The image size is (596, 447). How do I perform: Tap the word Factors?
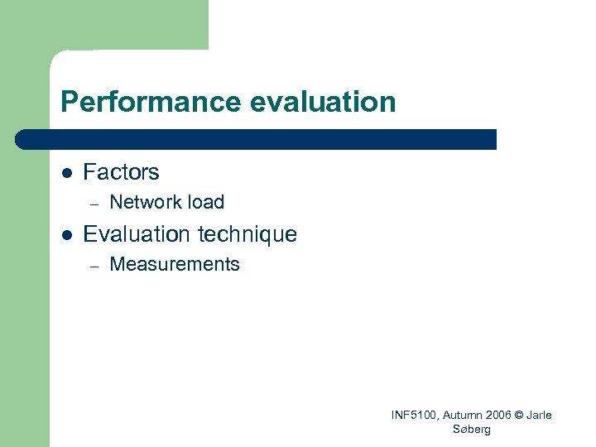[121, 172]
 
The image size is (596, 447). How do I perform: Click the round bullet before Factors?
[68, 173]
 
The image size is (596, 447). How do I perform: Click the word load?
[206, 202]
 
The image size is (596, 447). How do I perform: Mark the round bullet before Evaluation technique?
[68, 235]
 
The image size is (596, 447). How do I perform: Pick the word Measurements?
[175, 265]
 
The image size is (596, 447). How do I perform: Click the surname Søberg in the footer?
[472, 429]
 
